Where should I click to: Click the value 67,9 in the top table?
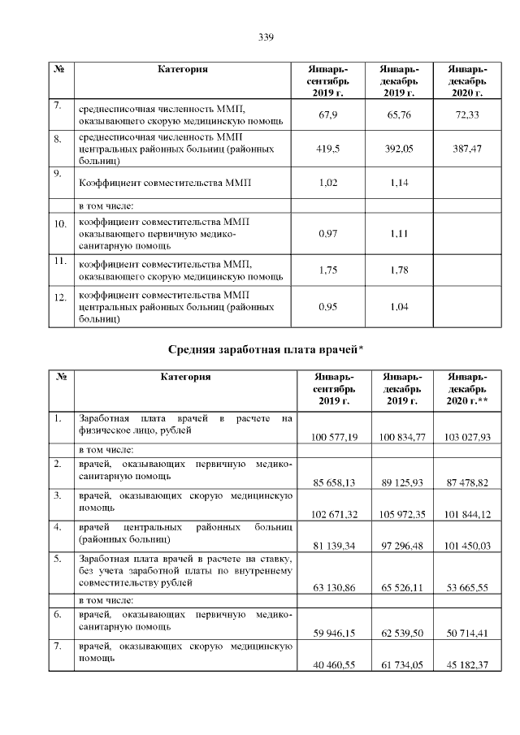point(328,115)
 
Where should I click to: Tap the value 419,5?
point(328,149)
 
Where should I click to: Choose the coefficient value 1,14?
point(398,184)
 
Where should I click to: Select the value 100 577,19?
point(329,438)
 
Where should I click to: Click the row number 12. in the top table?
point(60,298)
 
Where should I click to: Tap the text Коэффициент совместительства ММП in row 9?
point(165,184)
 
